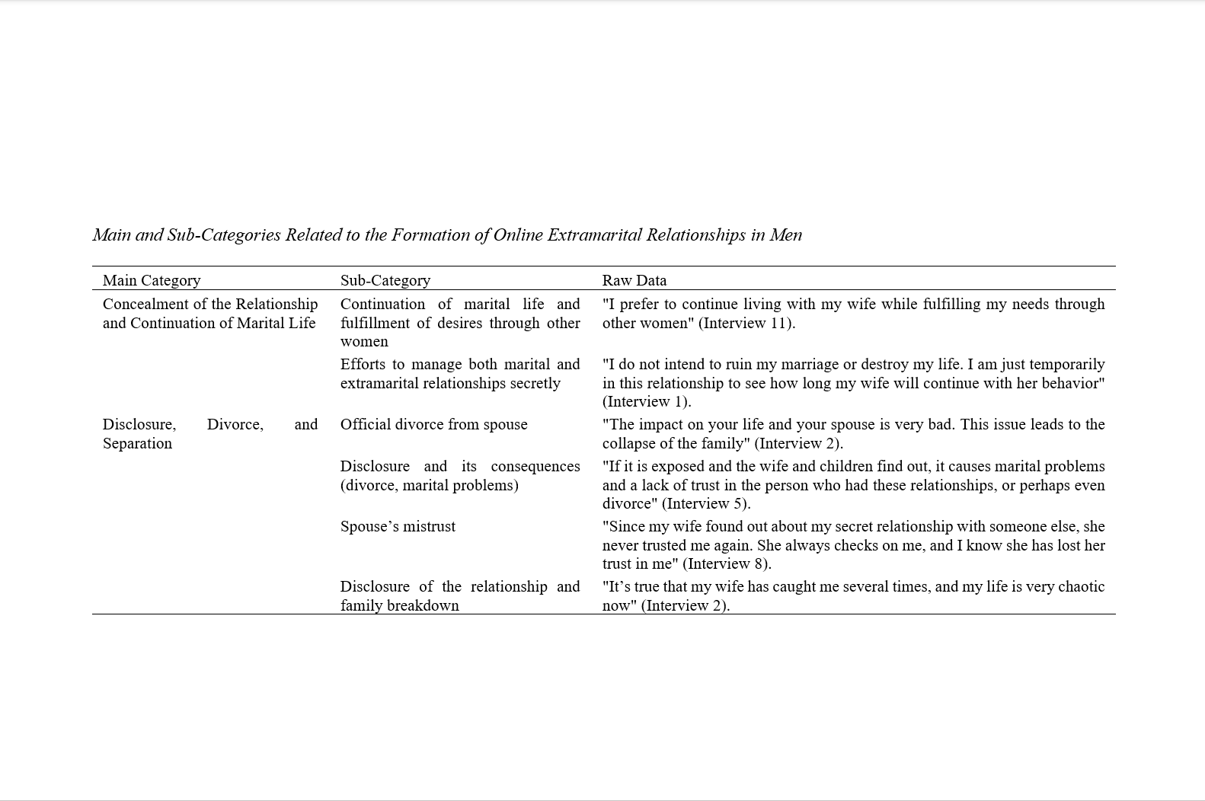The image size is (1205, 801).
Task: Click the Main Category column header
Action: point(152,280)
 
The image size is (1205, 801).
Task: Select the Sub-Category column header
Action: point(385,280)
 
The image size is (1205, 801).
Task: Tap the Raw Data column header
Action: point(634,280)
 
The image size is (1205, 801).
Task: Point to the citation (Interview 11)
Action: point(747,323)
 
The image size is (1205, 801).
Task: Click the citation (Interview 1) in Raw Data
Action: point(647,401)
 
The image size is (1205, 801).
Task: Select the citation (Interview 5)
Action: point(706,503)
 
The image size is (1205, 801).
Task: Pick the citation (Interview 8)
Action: point(727,563)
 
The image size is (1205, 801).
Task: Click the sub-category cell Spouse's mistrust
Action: point(398,526)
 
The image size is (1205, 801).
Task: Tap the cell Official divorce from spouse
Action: point(433,424)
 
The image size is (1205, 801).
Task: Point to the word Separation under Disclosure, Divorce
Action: point(137,443)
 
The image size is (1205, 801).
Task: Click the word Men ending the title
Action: point(785,235)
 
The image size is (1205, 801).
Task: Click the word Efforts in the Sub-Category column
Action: point(363,364)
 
